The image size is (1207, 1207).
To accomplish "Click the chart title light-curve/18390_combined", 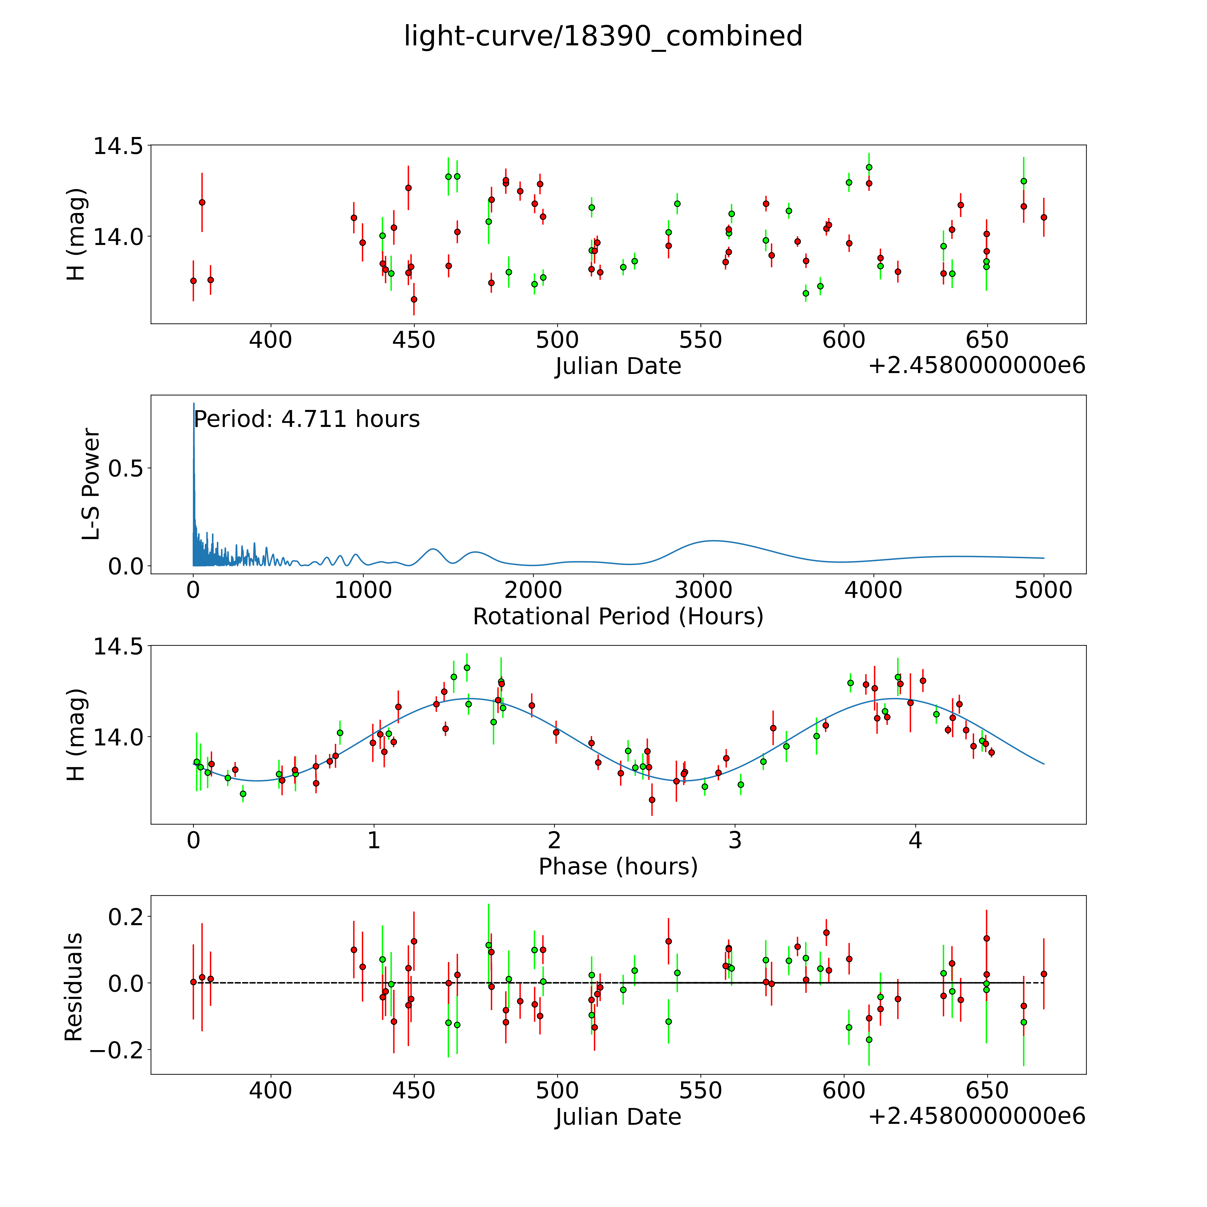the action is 603,36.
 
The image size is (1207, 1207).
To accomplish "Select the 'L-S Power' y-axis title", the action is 91,484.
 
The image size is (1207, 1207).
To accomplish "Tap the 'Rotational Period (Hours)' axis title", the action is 618,617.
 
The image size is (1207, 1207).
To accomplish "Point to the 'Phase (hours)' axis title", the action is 618,867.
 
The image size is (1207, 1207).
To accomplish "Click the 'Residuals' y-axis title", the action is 74,987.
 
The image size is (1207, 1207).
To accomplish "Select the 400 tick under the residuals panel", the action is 270,1091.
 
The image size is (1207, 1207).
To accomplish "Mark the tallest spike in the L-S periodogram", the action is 194,404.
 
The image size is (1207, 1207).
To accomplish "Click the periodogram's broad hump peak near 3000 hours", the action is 712,540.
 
